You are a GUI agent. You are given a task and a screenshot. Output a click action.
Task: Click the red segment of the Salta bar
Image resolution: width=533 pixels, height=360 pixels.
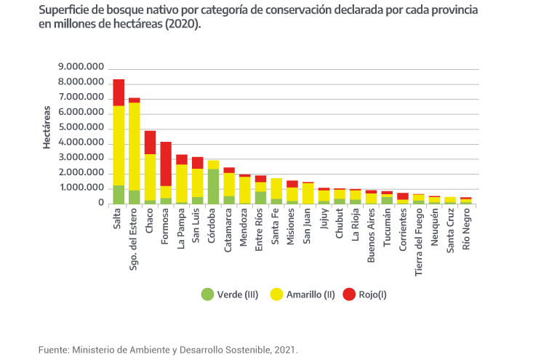pyautogui.click(x=119, y=92)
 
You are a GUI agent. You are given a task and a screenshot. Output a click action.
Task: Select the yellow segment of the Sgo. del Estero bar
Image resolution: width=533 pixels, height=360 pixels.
pyautogui.click(x=135, y=145)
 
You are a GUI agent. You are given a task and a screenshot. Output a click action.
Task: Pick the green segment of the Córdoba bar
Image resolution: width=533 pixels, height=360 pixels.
pyautogui.click(x=213, y=186)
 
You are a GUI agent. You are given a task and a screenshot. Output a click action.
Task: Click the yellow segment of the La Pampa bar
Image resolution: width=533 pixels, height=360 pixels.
pyautogui.click(x=182, y=182)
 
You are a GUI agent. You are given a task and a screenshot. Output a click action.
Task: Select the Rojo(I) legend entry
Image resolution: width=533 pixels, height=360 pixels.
pyautogui.click(x=366, y=295)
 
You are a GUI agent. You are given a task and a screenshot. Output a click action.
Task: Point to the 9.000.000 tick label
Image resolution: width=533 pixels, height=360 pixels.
pyautogui.click(x=81, y=68)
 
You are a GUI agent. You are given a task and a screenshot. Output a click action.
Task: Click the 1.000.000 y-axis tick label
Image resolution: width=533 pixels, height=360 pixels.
pyautogui.click(x=81, y=188)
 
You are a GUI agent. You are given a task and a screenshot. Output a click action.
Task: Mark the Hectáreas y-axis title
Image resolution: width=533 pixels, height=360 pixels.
pyautogui.click(x=46, y=128)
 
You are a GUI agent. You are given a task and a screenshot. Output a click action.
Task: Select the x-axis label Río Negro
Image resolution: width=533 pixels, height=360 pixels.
pyautogui.click(x=466, y=230)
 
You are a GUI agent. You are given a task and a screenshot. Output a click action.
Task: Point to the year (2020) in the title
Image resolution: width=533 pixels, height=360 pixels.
pyautogui.click(x=183, y=23)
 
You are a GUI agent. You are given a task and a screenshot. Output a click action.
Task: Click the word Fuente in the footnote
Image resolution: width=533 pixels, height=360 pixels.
pyautogui.click(x=53, y=350)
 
